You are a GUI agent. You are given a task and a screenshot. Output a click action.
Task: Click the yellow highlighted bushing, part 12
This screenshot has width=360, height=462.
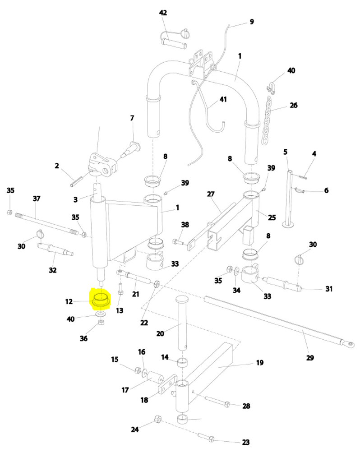point(102,299)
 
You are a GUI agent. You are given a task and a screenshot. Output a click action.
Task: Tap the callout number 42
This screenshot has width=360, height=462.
point(163,13)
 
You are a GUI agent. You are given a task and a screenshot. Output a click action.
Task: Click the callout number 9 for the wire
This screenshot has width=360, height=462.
point(252,22)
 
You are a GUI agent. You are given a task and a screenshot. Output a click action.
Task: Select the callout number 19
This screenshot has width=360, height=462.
point(259,362)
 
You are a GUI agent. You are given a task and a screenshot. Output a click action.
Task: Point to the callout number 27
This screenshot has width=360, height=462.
point(211,194)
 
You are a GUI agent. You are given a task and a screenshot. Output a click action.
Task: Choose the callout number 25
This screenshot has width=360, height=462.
point(271,217)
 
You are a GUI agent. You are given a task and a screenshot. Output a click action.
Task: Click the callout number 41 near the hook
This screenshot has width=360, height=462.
point(223,99)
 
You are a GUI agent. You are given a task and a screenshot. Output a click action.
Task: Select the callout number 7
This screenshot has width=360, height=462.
point(132,118)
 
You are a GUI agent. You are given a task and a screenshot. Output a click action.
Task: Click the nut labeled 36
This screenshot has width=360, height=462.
point(102,323)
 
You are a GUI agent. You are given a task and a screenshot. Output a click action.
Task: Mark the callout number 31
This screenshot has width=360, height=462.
point(328,289)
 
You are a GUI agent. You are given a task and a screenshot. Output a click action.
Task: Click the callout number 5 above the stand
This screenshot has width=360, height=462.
point(285,152)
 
